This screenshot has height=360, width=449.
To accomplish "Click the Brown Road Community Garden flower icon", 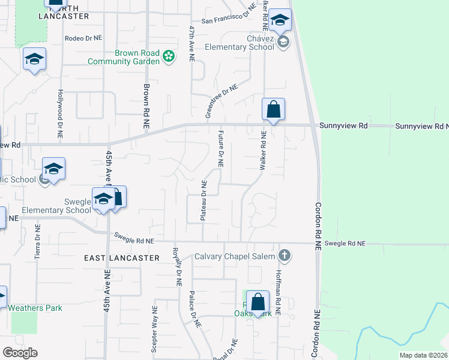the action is pos(169,56).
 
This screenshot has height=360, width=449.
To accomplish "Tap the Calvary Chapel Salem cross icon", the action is pos(285,256).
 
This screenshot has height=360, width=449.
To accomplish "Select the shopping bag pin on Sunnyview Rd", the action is pos(273,110).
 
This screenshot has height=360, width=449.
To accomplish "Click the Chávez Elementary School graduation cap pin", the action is pos(279,20).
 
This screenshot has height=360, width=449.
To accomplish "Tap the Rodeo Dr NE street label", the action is pos(83,37).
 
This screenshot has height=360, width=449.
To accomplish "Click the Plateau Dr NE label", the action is pos(204,200).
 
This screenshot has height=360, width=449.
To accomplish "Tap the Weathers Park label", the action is pos(35,308).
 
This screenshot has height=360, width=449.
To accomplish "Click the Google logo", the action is pos(20,353).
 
